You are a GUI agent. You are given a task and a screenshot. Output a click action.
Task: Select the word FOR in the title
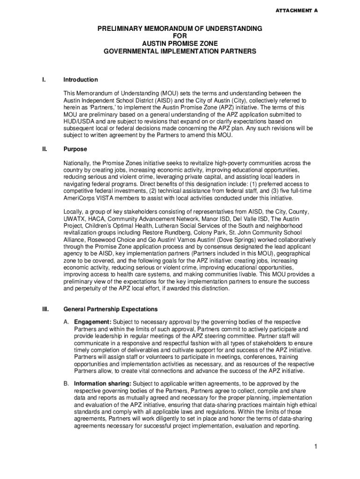(x=180, y=36)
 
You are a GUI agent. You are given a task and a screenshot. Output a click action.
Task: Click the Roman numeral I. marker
(x=43, y=80)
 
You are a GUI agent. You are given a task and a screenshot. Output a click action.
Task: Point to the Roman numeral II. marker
(x=44, y=150)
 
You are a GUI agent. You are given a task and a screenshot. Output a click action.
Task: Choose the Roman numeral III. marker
(x=45, y=310)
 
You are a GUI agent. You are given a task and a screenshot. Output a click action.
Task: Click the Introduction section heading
(x=80, y=80)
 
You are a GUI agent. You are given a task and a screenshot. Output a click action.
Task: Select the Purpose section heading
(x=75, y=150)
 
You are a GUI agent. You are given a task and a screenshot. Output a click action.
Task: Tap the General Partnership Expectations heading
(x=110, y=310)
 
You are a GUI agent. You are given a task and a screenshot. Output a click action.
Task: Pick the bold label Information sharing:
(x=102, y=384)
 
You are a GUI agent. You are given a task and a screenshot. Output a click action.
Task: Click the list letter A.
(x=66, y=322)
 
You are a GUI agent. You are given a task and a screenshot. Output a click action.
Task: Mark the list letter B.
(x=66, y=384)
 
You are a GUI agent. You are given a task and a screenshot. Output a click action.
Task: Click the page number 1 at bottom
(x=316, y=447)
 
